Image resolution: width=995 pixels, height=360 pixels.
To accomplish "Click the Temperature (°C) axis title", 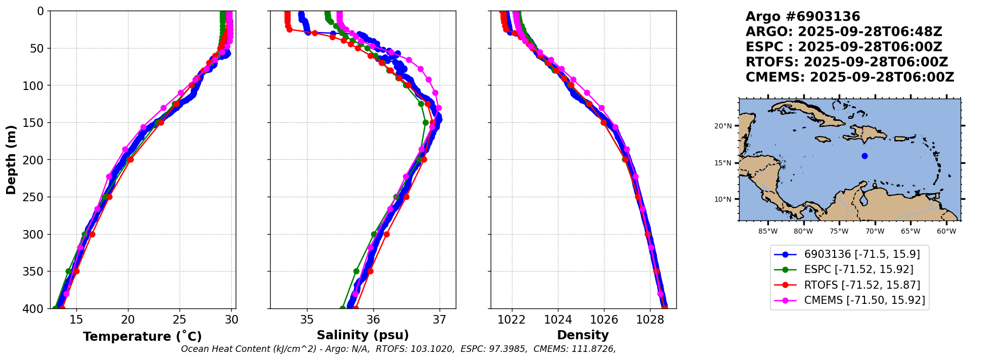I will [x=142, y=337].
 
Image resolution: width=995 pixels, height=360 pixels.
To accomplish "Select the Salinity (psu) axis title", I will [x=363, y=335].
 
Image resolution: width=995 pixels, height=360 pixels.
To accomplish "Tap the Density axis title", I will [x=583, y=335].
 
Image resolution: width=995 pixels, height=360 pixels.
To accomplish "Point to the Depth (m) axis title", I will [x=11, y=160].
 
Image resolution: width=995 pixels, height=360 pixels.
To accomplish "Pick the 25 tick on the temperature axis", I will [x=180, y=320].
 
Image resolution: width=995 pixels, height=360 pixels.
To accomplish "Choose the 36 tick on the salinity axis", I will [x=373, y=320].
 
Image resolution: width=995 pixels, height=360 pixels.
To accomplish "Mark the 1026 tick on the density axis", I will [x=604, y=320].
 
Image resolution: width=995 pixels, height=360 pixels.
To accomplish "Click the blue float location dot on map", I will [x=864, y=156].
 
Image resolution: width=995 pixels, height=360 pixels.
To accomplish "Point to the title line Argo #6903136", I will [x=803, y=17].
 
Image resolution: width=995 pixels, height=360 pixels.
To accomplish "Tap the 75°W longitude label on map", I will [x=839, y=232].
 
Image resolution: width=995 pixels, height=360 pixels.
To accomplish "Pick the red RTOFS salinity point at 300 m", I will [x=386, y=234].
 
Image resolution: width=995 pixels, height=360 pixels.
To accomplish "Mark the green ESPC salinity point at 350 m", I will [x=356, y=271].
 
